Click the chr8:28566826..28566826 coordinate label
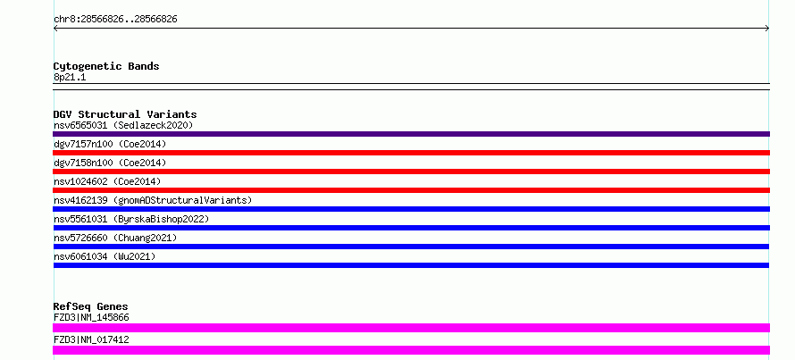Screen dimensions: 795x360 click(115, 20)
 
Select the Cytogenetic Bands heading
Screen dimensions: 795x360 click(106, 66)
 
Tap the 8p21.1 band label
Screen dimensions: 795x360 click(70, 77)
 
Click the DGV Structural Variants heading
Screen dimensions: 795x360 click(125, 114)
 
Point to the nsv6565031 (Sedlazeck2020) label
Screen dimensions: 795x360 click(123, 125)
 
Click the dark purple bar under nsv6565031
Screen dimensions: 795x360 click(411, 134)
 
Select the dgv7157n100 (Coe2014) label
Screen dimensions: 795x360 click(110, 144)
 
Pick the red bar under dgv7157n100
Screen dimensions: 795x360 click(411, 153)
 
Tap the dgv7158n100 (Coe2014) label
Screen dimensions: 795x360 click(110, 163)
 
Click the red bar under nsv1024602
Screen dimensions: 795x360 click(411, 190)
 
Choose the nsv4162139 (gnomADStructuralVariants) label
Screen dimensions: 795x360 click(153, 200)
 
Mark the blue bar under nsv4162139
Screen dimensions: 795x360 click(411, 209)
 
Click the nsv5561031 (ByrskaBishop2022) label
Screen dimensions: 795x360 click(131, 219)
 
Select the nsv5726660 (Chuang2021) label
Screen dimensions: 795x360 click(115, 238)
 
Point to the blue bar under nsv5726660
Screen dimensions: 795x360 click(411, 247)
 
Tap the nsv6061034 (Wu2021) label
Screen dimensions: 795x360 click(105, 256)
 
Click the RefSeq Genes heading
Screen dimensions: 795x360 click(90, 306)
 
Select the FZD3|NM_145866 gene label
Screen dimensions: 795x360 click(91, 318)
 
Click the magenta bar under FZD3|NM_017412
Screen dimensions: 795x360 click(411, 350)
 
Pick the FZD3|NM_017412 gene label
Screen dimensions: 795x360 click(91, 339)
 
